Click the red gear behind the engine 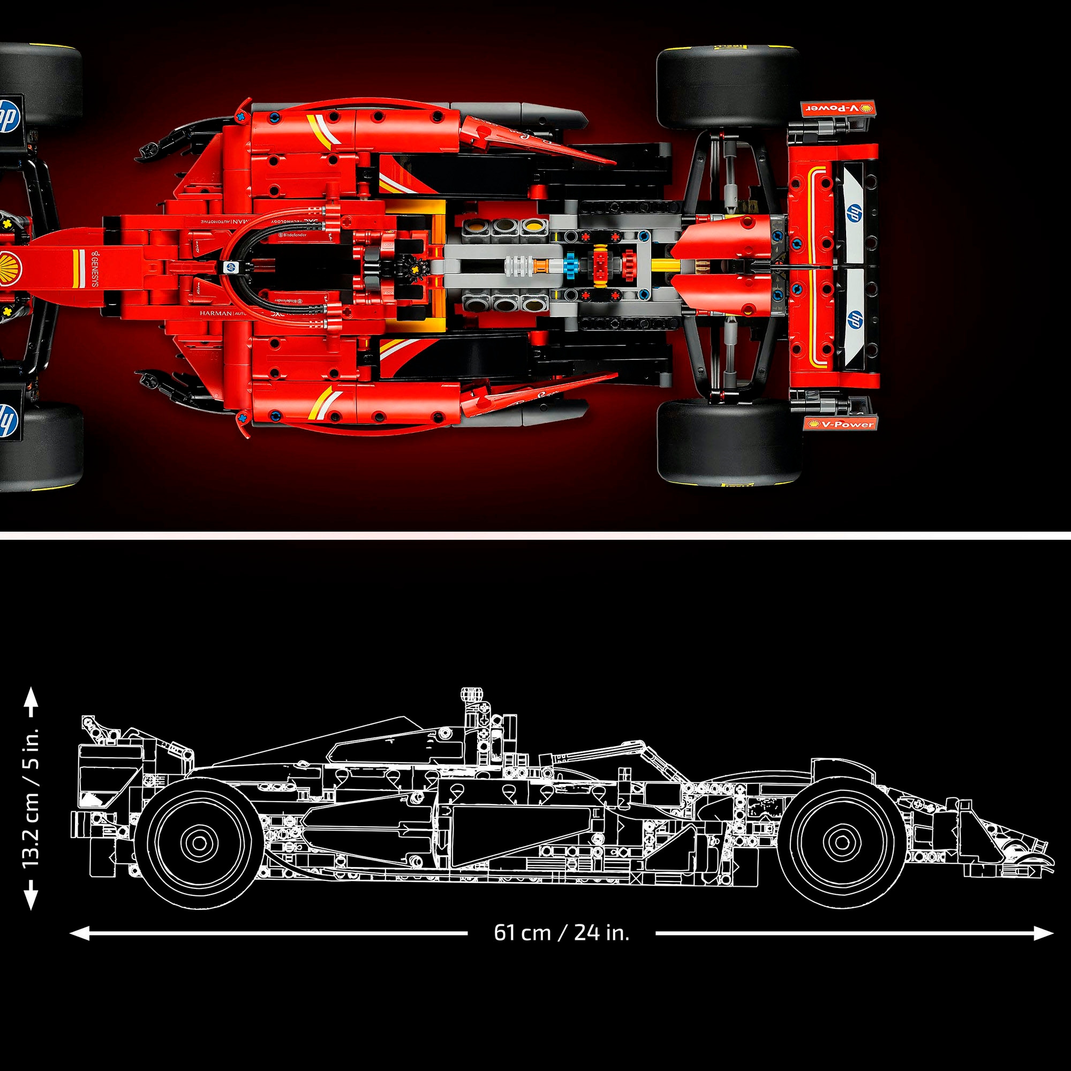[x=628, y=263]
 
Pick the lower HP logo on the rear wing [x=854, y=320]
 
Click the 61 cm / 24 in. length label [x=562, y=932]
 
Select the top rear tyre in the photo [x=728, y=87]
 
